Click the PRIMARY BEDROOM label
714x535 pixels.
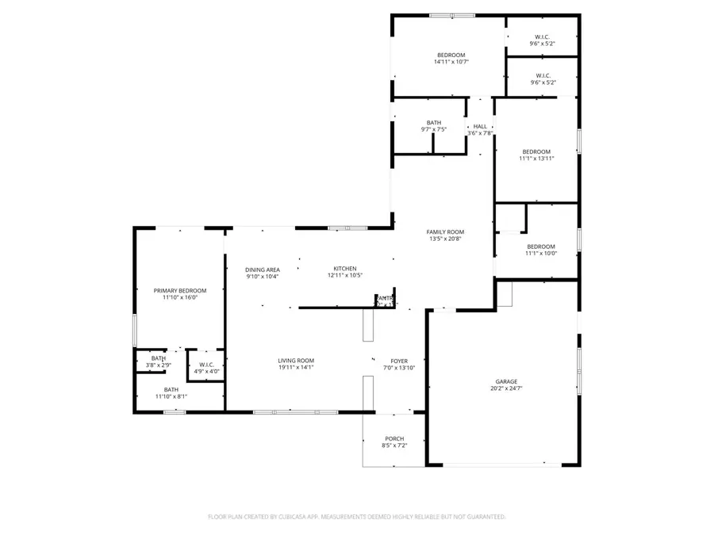pos(179,291)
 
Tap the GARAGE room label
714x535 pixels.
pos(506,381)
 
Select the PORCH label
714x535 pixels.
pos(394,439)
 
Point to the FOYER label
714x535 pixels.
pos(398,361)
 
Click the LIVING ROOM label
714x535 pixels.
pos(296,361)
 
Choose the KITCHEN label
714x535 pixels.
pos(344,269)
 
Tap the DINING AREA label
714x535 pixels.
pos(262,269)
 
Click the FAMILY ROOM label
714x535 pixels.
pos(445,231)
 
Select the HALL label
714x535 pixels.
pos(480,126)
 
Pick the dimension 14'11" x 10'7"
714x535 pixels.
pos(451,62)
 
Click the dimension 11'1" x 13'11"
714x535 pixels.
pos(536,159)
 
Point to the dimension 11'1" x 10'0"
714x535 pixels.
pos(541,254)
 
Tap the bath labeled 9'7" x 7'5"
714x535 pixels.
pos(433,129)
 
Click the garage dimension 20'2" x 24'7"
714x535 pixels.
pos(506,388)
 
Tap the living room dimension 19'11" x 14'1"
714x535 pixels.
pos(296,368)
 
